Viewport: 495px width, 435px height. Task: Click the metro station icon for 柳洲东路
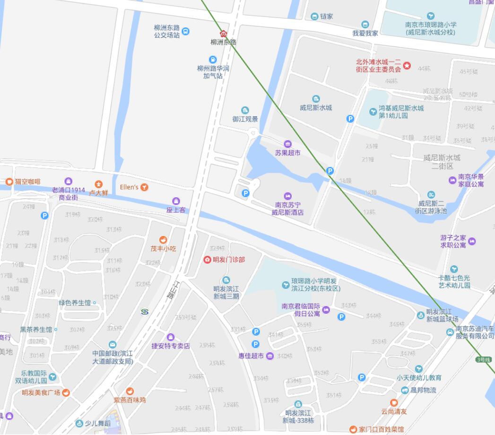(224, 34)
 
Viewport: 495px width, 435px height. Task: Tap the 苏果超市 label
(287, 153)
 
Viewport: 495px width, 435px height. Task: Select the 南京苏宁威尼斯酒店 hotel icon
(287, 196)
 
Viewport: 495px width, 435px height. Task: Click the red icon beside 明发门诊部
(207, 260)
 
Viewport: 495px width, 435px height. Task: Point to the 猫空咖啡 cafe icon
(9, 182)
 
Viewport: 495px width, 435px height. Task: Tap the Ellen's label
(129, 187)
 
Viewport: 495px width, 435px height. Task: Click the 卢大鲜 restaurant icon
(98, 184)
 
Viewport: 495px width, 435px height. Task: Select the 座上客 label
(176, 210)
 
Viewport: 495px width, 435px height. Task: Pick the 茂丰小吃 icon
(163, 240)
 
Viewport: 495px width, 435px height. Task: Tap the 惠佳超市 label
(251, 356)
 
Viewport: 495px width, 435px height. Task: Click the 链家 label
(327, 17)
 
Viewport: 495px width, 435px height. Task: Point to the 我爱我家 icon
(365, 25)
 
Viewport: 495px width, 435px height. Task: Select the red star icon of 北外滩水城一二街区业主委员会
(407, 65)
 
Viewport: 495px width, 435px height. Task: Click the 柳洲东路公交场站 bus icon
(186, 31)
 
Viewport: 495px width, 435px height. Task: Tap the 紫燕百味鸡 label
(130, 400)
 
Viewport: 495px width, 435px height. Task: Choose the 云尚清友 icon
(394, 403)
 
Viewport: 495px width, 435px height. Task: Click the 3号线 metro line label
(484, 360)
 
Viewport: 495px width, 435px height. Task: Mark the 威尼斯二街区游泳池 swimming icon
(431, 195)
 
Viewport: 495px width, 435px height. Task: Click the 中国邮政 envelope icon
(112, 345)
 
